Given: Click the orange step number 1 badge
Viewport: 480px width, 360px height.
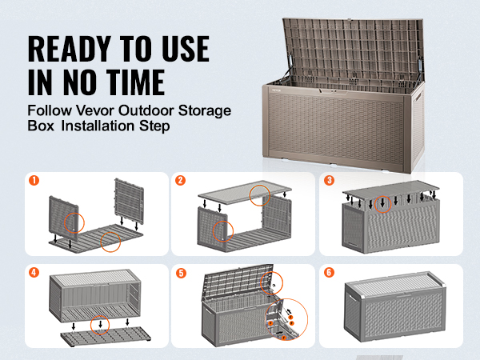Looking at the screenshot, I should [x=34, y=181].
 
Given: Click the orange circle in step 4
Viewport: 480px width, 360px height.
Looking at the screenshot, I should [x=99, y=324].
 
